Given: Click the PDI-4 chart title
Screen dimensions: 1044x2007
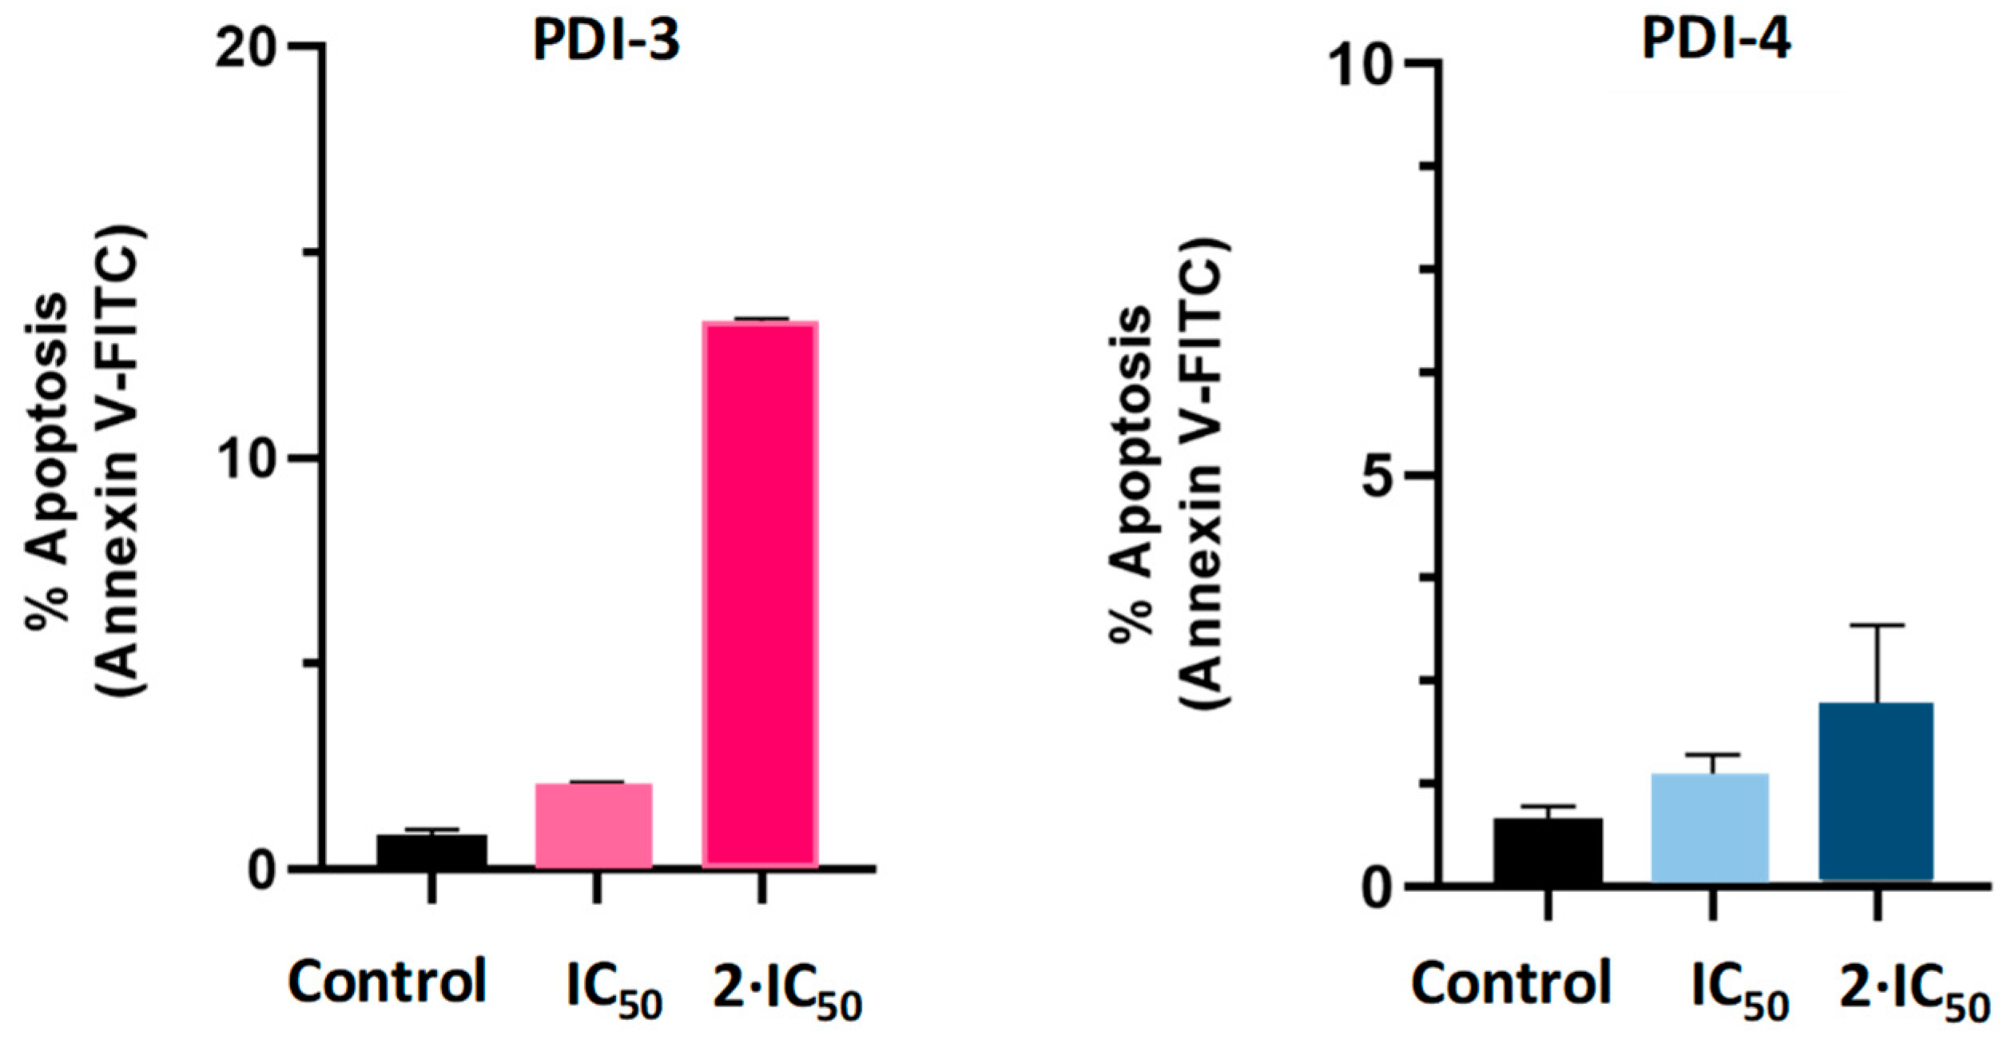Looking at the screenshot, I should (x=1716, y=38).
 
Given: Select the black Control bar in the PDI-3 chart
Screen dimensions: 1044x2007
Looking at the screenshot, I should (x=431, y=851).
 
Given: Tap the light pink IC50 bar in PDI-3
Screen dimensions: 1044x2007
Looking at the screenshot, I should (x=594, y=825).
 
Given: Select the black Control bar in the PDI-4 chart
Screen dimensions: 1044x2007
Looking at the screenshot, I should (x=1548, y=851).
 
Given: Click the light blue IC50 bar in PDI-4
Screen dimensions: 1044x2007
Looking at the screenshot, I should (x=1710, y=827).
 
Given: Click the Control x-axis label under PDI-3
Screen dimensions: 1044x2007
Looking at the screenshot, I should (x=387, y=982).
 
